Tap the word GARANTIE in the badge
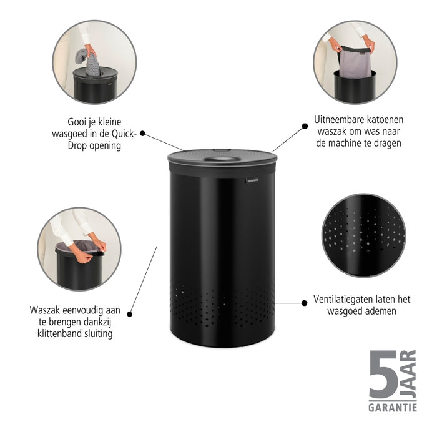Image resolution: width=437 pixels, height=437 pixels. point(393,408)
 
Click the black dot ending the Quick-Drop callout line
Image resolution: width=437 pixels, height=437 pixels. point(143,133)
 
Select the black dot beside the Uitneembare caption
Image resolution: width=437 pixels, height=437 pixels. point(305,125)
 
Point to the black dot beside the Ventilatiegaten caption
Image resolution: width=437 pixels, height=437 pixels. point(304,303)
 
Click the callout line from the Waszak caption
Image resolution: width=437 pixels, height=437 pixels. point(143,280)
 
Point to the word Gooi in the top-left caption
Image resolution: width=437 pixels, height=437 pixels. point(79,122)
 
